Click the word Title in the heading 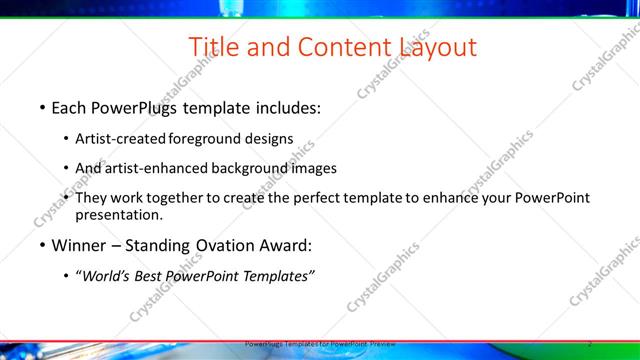(215, 47)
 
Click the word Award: (286, 245)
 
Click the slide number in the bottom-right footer (590, 343)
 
